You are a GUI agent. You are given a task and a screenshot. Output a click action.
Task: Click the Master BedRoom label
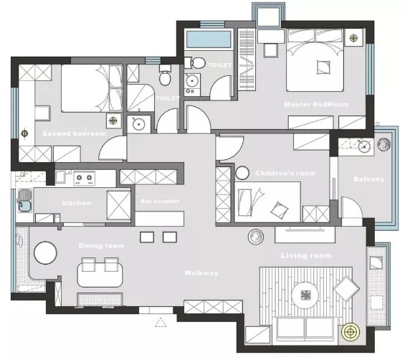[x=316, y=105]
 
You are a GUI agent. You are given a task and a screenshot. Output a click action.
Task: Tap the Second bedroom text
[x=75, y=133]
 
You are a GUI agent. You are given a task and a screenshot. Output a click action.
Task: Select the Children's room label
[x=285, y=173]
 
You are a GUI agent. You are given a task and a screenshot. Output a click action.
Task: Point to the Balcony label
[x=369, y=179]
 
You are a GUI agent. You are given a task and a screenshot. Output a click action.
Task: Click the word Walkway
[x=201, y=273]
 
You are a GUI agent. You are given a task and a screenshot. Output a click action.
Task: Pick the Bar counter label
[x=160, y=202]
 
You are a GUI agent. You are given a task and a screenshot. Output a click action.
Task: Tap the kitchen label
[x=77, y=203]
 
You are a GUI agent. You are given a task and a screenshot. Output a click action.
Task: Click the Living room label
[x=306, y=255]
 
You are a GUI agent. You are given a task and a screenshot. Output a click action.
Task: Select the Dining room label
[x=102, y=246]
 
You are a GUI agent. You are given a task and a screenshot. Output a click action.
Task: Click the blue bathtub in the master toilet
[x=209, y=39]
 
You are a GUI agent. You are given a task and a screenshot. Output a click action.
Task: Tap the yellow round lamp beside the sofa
[x=351, y=332]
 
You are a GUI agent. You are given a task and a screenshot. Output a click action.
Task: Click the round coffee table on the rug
[x=305, y=295]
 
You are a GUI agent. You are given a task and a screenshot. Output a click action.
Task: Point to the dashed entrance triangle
[x=161, y=323]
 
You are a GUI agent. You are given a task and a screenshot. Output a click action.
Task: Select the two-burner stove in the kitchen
[x=84, y=179]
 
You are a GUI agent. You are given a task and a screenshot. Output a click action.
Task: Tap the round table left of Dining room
[x=45, y=252]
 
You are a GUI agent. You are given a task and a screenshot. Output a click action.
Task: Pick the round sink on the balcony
[x=364, y=146]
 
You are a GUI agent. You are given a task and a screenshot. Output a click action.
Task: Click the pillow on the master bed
[x=323, y=67]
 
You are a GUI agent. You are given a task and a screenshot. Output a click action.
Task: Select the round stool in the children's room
[x=242, y=173]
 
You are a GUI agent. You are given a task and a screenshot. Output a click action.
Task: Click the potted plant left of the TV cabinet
[x=256, y=237]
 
